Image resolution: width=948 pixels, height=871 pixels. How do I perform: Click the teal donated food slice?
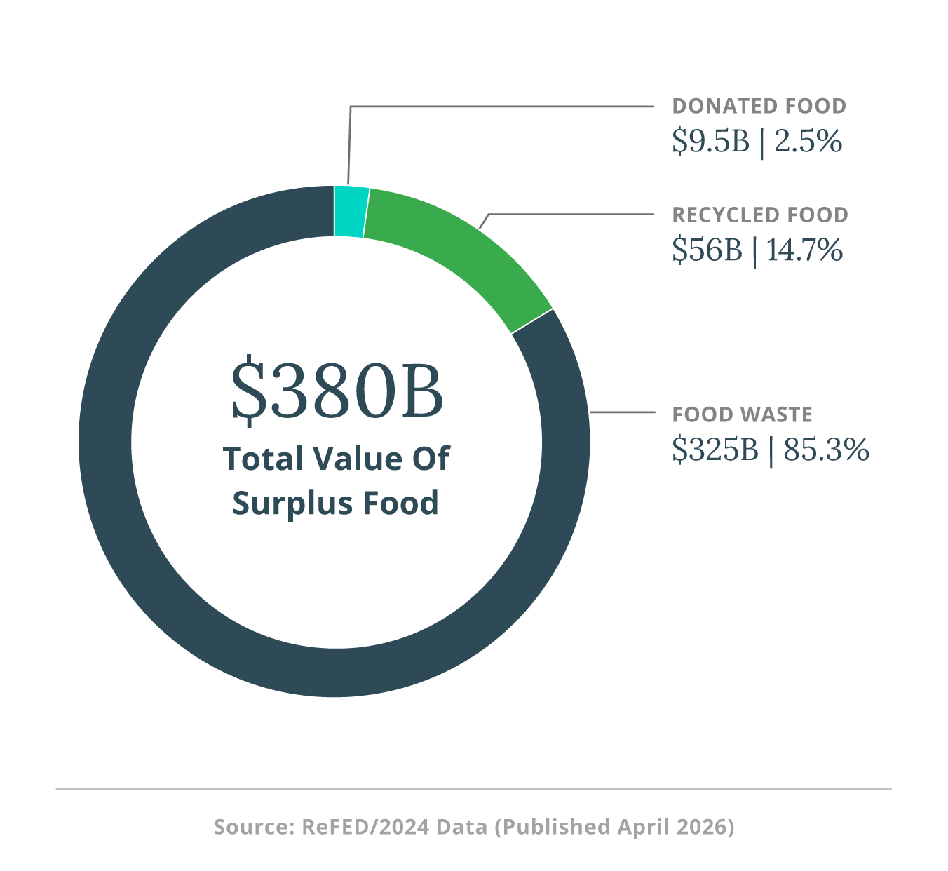tap(351, 212)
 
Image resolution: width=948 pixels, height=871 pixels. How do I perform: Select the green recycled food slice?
tap(463, 259)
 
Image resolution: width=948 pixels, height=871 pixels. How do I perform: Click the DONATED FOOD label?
tap(759, 107)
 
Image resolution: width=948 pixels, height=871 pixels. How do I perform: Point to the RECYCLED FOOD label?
tap(760, 215)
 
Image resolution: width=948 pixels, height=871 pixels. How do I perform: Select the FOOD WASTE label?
tap(742, 415)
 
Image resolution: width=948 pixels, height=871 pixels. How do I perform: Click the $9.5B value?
tap(710, 142)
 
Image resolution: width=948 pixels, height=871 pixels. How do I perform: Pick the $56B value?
tap(706, 250)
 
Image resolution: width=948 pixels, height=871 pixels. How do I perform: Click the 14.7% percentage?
tap(804, 250)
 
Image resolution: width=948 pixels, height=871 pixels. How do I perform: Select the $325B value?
tap(715, 450)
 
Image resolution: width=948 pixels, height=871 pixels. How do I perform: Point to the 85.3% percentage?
tap(826, 450)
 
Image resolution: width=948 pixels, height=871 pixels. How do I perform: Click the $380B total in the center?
tap(337, 391)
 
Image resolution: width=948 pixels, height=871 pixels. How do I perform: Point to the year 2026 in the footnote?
tap(701, 827)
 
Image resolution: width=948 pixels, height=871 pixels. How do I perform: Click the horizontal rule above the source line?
tap(473, 789)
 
